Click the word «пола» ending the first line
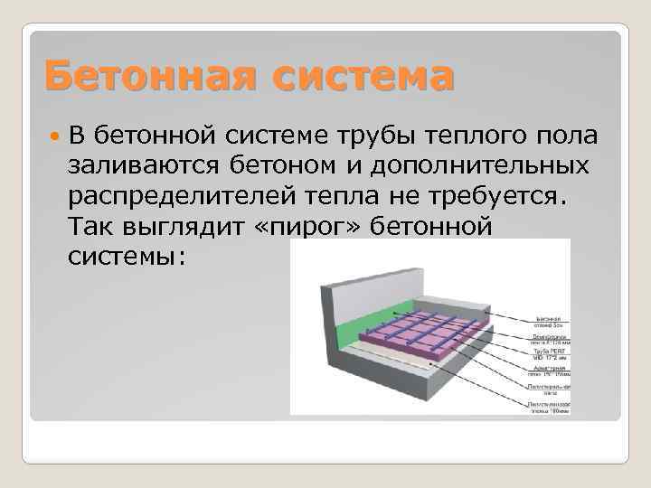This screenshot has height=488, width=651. [567, 136]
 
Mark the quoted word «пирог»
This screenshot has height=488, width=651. [309, 226]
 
